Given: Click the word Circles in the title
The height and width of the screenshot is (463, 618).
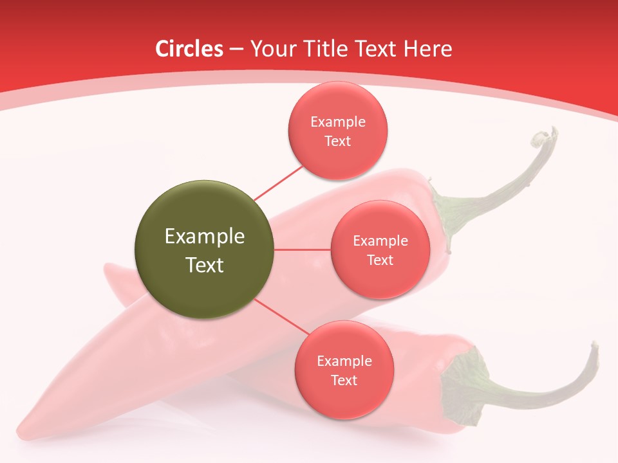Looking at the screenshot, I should pyautogui.click(x=189, y=49).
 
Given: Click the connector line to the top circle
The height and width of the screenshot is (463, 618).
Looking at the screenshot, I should pyautogui.click(x=278, y=183).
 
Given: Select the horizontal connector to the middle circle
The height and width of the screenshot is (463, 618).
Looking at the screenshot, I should pyautogui.click(x=303, y=250).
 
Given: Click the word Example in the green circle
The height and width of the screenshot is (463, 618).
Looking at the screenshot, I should pyautogui.click(x=205, y=237).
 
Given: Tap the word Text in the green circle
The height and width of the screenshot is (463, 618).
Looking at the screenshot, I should pyautogui.click(x=205, y=265).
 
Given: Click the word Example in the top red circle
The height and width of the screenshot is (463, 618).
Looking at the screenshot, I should pyautogui.click(x=338, y=122).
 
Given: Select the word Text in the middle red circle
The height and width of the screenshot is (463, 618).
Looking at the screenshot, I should pyautogui.click(x=380, y=260).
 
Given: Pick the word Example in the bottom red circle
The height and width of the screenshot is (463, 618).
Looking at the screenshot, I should pyautogui.click(x=344, y=361).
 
